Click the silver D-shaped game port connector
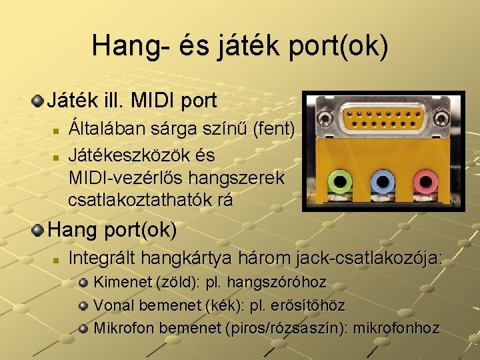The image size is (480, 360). coord(383,119)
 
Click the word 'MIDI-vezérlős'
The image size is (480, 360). coord(128,178)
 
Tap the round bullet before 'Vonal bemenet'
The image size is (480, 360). coord(83,306)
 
